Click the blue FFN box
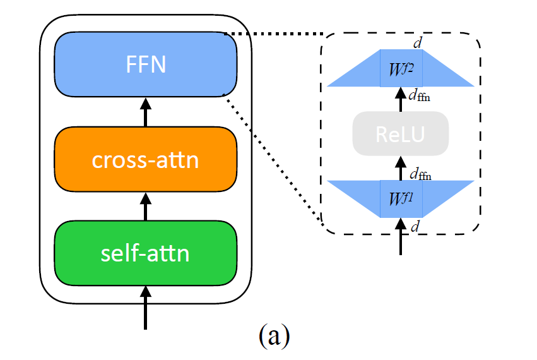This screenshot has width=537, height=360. (x=146, y=64)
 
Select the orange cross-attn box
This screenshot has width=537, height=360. (x=146, y=159)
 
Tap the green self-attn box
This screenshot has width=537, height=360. (x=146, y=253)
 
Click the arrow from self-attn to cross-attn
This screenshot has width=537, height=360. (x=146, y=205)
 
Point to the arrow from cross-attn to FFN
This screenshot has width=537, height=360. (x=146, y=111)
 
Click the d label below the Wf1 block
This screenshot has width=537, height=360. (x=415, y=227)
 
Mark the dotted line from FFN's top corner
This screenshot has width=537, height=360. (x=274, y=33)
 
